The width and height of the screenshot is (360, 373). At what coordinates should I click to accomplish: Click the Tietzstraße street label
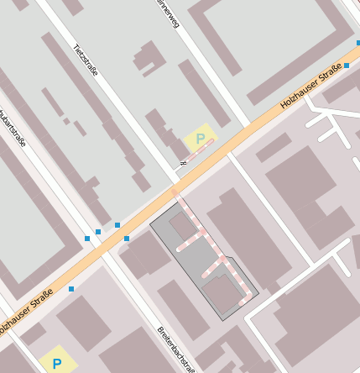coord(86,59)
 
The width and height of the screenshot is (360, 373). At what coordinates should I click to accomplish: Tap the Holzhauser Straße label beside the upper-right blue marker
coord(310,87)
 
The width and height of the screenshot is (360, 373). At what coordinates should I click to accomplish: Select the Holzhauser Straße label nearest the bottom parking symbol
coord(25,310)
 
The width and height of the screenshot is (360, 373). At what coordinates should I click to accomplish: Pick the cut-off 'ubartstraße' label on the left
coord(12,126)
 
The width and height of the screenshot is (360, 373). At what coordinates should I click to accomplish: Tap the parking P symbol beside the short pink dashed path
coord(201,139)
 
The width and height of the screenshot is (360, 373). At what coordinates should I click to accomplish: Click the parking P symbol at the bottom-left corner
coord(57,364)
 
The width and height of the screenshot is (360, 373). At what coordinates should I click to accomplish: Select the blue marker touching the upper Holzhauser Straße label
coord(347,65)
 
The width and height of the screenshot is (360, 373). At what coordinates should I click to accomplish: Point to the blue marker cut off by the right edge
coord(357,42)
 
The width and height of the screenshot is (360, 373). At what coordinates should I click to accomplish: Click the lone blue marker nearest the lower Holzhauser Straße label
coord(71,289)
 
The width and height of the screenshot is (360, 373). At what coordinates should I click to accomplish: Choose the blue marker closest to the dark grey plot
coord(127,239)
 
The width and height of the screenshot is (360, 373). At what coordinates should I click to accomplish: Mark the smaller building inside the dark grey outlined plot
coord(182,226)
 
